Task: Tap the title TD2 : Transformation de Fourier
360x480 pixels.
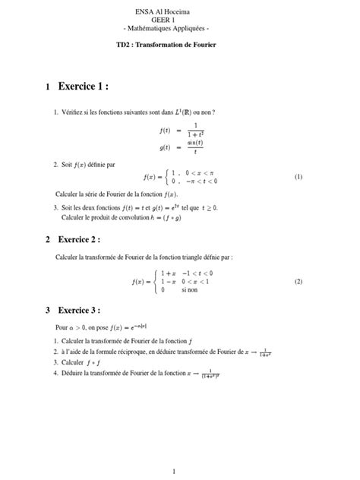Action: (180, 46)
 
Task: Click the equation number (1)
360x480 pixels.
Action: (298, 177)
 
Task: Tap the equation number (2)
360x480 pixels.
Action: (298, 281)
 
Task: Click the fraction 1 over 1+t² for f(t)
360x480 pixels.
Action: (195, 130)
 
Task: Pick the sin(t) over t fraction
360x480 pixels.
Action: (195, 147)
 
